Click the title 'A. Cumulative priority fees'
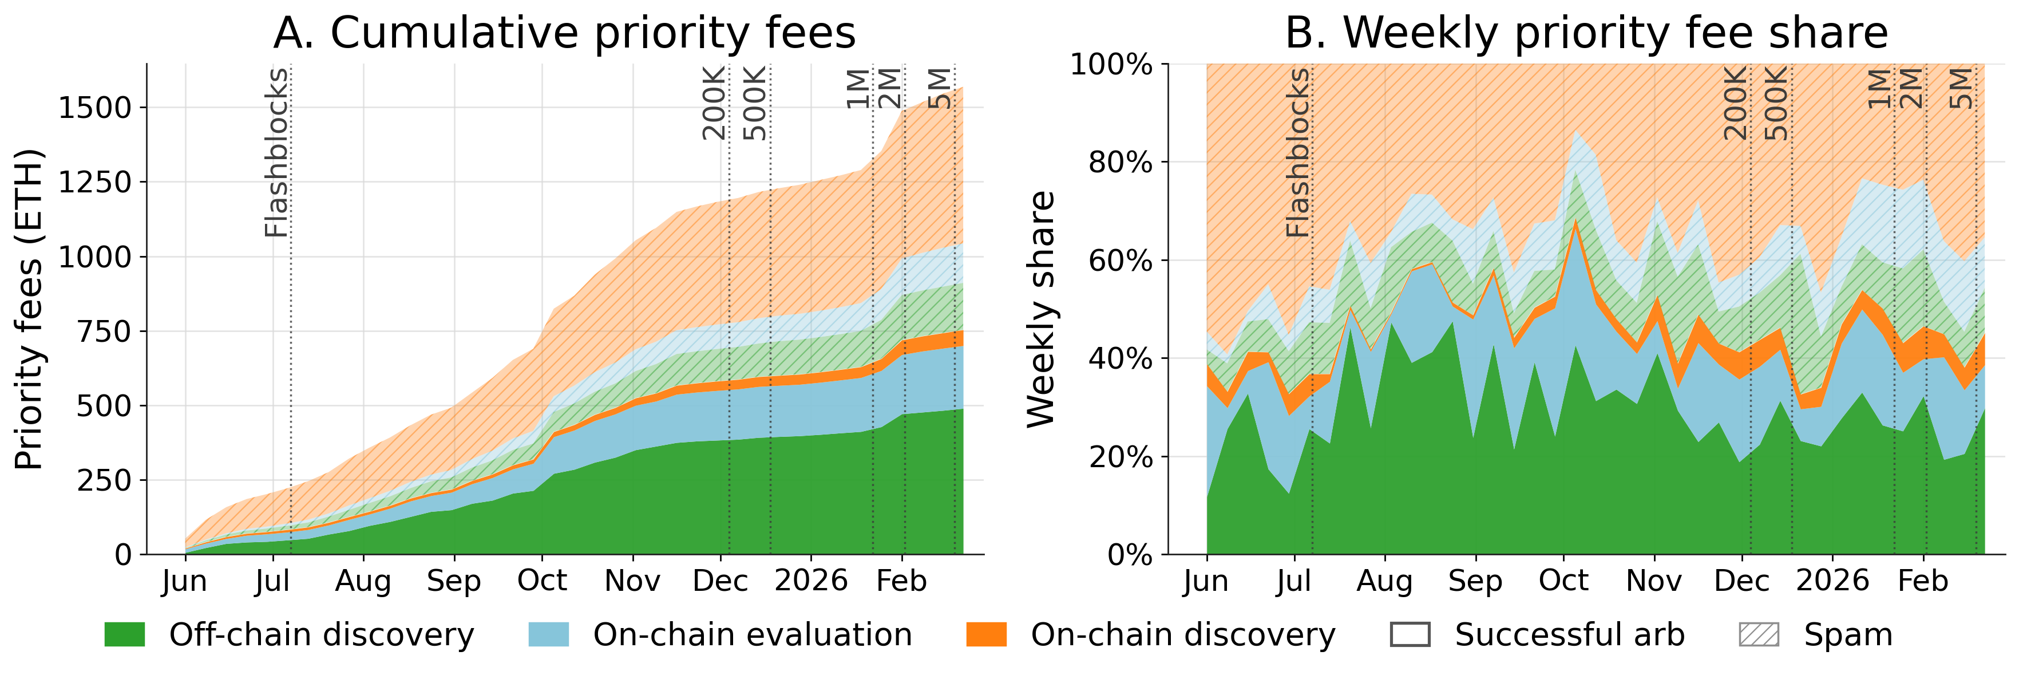tap(564, 33)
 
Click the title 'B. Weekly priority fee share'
tap(1586, 33)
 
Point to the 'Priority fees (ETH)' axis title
tap(29, 309)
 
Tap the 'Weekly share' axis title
tap(1041, 309)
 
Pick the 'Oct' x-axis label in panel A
tap(543, 581)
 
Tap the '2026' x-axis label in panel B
tap(1832, 581)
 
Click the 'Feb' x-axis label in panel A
tap(901, 581)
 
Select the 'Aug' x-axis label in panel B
tap(1385, 581)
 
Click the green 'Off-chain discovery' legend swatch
tap(125, 634)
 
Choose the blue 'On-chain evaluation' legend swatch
tap(549, 634)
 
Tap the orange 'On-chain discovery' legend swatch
tap(986, 634)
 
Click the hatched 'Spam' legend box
tap(1759, 634)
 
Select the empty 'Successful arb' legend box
tap(1410, 634)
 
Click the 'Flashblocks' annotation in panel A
tap(276, 153)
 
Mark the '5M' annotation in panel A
tap(940, 88)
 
